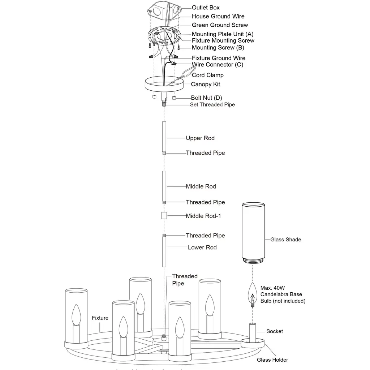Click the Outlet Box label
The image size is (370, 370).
206,8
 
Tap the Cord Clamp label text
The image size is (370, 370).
207,75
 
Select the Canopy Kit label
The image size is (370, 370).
205,84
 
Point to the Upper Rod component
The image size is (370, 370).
164,137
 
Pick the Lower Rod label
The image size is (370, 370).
202,248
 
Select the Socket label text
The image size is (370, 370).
275,331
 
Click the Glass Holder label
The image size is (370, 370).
272,360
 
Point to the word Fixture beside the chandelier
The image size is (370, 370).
100,318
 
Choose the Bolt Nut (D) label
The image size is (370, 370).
206,98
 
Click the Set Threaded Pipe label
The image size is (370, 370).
212,104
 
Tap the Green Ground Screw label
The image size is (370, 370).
220,25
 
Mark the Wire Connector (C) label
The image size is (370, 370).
218,65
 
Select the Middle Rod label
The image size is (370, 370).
201,186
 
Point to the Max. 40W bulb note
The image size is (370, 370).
283,294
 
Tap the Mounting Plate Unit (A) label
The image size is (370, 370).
223,34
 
